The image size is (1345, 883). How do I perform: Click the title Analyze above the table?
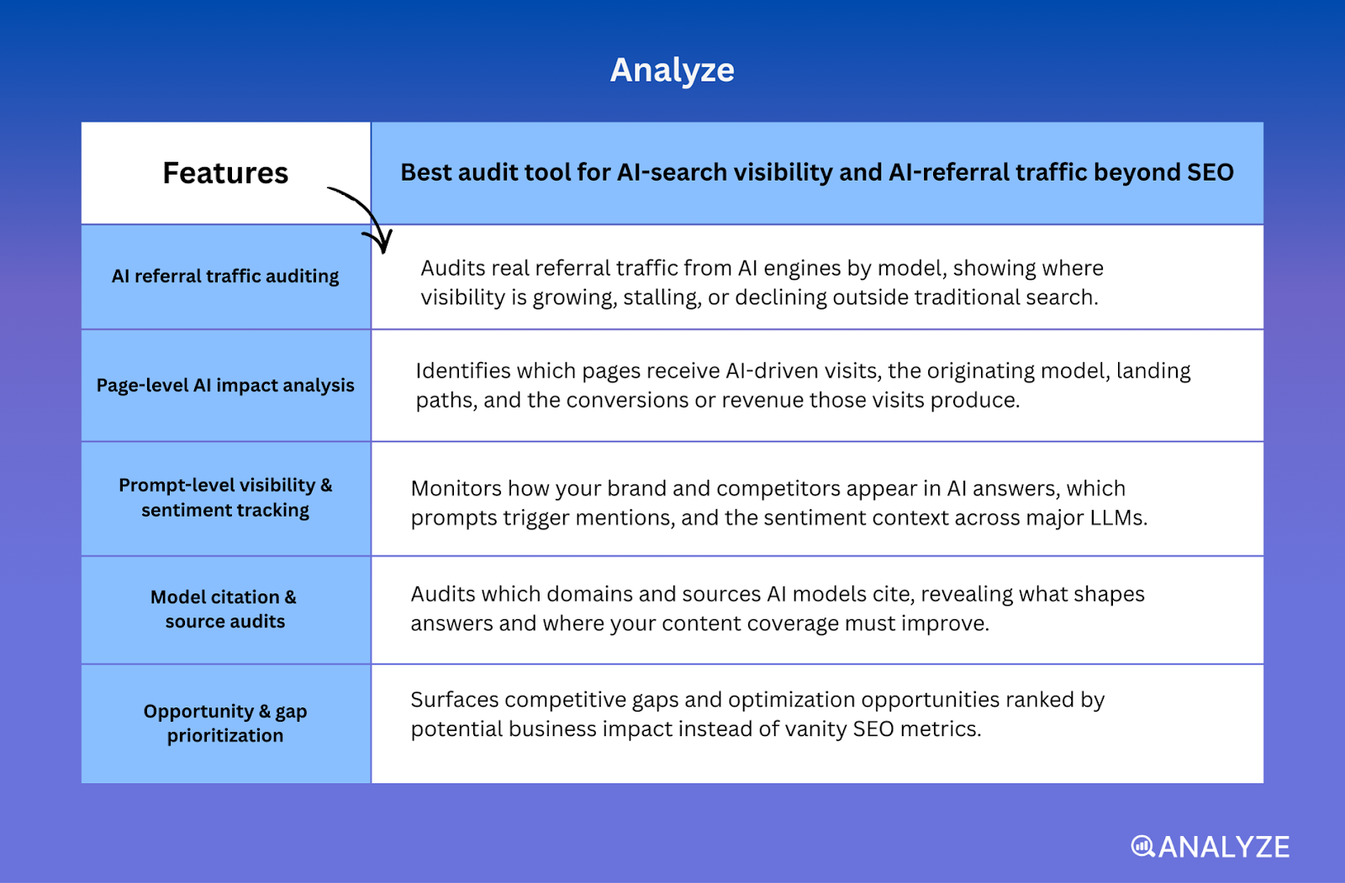pos(672,70)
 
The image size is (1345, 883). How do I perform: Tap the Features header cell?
pos(225,173)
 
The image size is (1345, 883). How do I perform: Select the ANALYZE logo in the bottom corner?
pos(1210,847)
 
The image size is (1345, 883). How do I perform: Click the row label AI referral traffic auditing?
pos(225,276)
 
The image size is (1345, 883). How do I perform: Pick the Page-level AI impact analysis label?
pos(225,386)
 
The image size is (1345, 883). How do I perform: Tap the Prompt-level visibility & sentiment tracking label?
pos(225,497)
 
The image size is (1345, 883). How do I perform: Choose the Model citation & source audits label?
pos(224,609)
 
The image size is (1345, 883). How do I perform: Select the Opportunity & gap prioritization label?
pos(225,723)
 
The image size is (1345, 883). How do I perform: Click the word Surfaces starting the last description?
pos(454,700)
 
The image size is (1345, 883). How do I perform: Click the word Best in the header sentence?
pos(426,172)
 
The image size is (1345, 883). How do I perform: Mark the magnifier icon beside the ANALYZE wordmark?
pos(1142,846)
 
